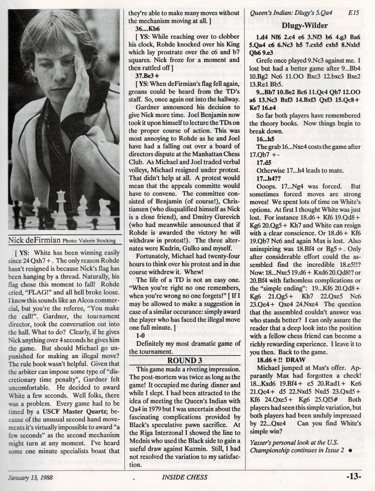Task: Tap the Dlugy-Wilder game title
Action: tap(305, 25)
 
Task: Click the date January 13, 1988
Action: tap(33, 477)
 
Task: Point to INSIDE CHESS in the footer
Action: tap(184, 477)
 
